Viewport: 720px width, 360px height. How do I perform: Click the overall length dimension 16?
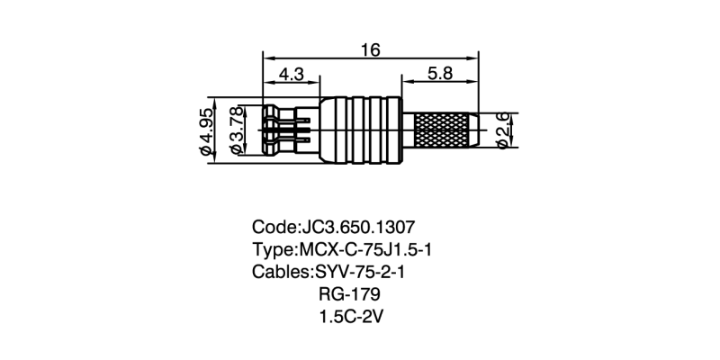coord(370,50)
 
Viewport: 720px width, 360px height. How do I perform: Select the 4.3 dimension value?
coord(290,76)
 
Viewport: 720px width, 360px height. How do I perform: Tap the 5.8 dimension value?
coord(440,76)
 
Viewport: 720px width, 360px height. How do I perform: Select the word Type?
coord(273,249)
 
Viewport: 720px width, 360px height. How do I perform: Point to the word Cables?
coord(279,272)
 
